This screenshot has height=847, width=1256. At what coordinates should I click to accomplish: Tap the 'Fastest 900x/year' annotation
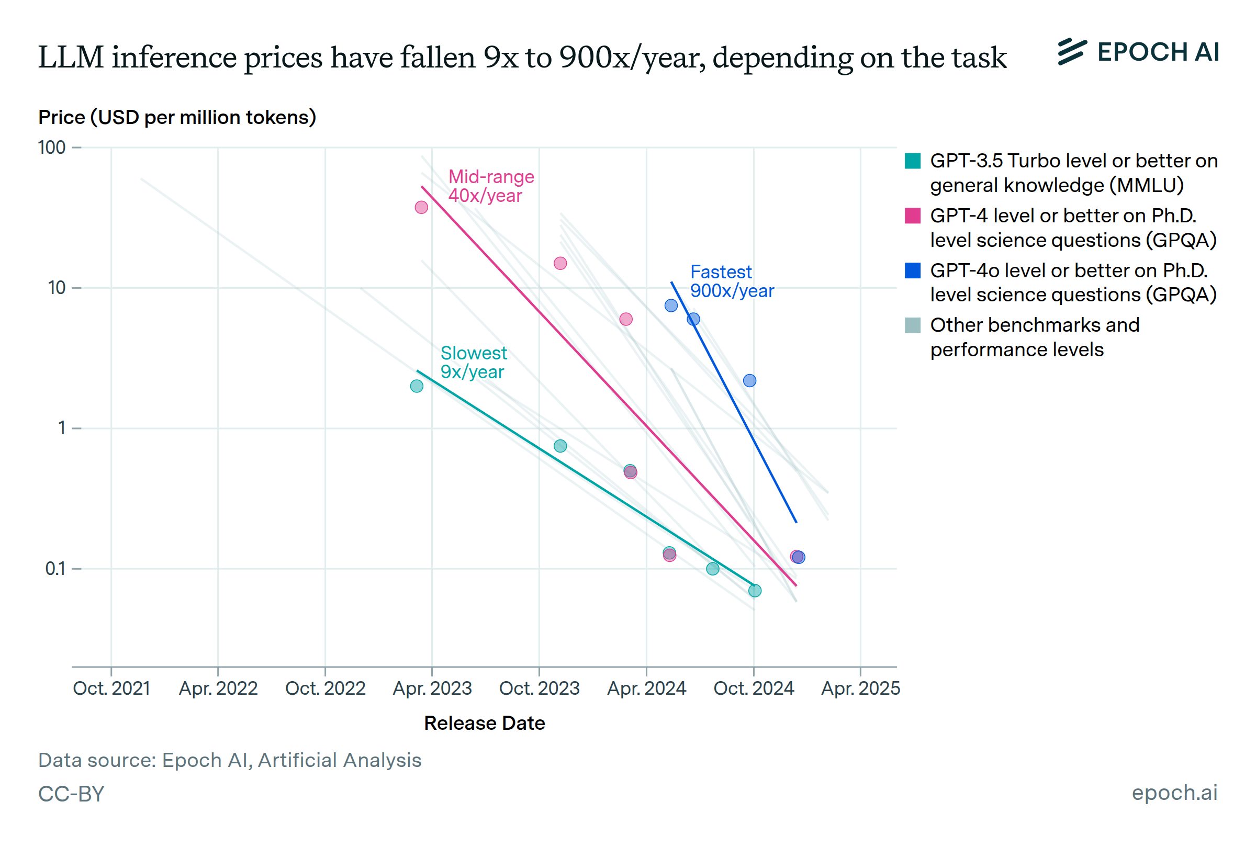point(732,281)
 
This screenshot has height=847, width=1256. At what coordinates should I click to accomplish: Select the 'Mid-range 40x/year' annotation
point(490,186)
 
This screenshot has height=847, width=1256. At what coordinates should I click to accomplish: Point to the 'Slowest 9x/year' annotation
point(473,363)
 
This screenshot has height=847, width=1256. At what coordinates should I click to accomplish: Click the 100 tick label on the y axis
point(52,148)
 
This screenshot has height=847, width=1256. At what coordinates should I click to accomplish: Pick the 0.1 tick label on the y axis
point(55,569)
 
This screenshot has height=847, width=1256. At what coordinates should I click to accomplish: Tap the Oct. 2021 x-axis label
point(111,688)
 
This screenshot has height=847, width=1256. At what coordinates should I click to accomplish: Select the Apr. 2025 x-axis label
point(860,688)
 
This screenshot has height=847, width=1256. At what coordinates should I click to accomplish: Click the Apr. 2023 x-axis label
point(432,688)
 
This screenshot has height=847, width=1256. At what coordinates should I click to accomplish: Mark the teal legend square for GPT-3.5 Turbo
point(912,161)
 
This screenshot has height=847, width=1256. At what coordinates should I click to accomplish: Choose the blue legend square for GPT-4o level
point(912,270)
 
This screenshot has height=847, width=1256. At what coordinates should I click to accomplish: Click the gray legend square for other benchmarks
point(912,325)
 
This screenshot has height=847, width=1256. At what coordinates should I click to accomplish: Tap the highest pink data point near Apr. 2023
point(421,207)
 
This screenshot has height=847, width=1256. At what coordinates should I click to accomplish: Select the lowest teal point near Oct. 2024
point(755,591)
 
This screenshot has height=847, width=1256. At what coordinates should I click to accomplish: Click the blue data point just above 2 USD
point(749,381)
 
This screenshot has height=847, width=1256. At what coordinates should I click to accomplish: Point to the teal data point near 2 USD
point(417,386)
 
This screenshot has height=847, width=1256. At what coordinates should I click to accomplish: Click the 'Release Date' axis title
point(484,724)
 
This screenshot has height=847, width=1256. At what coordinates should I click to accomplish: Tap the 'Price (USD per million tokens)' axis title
point(177,117)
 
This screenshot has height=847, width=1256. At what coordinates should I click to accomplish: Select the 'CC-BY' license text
point(71,794)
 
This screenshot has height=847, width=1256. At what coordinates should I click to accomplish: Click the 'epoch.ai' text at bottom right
point(1174,793)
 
